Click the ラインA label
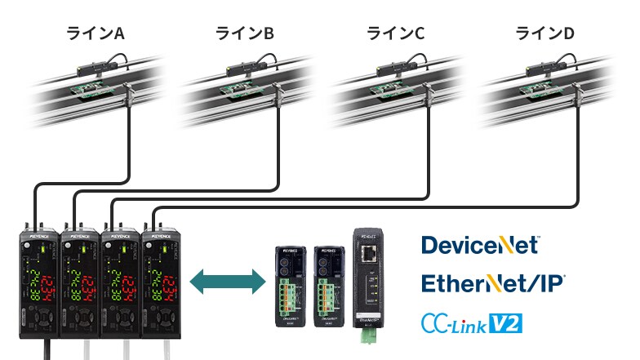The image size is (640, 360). [x=95, y=33]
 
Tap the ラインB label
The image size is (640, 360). [x=244, y=33]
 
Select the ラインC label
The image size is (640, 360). [x=396, y=33]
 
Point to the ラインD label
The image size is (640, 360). [x=544, y=33]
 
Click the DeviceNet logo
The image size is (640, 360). [x=480, y=245]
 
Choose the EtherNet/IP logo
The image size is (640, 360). [x=493, y=283]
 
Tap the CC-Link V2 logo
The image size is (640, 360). [x=471, y=323]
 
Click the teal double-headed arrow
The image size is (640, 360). [x=228, y=283]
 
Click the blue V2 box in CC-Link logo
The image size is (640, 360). [x=504, y=323]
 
